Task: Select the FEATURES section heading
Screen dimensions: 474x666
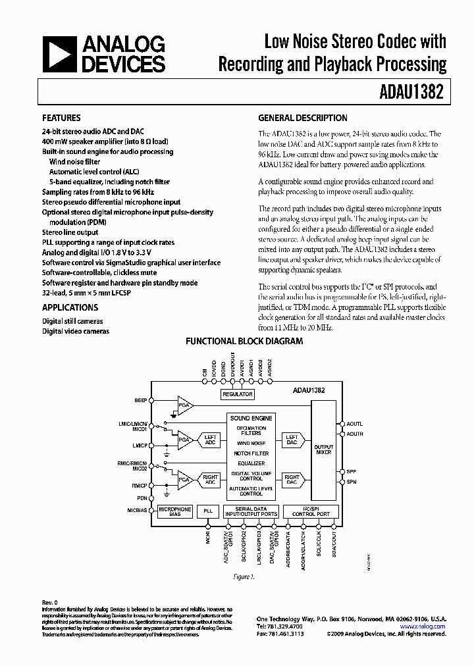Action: point(61,118)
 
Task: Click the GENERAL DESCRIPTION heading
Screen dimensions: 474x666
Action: point(303,118)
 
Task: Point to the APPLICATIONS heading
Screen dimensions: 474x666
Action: point(70,307)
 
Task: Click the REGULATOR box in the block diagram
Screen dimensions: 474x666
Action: point(238,394)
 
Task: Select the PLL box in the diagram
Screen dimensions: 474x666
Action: point(208,510)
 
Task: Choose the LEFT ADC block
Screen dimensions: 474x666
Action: point(210,439)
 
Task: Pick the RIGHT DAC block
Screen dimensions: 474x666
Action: point(292,480)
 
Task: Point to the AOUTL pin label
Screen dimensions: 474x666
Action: point(356,424)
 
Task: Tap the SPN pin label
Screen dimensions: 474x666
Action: point(352,482)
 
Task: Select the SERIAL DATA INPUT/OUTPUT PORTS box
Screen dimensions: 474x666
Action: point(251,511)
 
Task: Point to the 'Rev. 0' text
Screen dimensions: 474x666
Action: point(50,602)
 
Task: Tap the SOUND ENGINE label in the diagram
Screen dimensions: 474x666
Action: point(251,419)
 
